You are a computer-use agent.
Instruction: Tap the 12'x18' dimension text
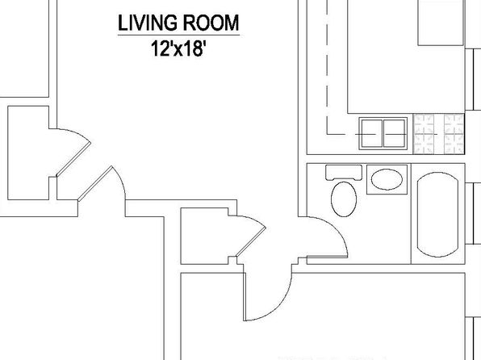(178, 48)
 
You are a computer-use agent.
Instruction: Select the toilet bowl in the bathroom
(344, 199)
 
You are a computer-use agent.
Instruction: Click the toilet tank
(344, 173)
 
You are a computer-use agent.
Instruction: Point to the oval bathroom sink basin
(387, 179)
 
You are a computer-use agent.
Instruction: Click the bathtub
(437, 214)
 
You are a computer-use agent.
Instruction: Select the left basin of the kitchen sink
(372, 133)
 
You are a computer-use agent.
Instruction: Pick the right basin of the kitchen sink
(395, 133)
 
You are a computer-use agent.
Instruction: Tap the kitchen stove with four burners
(439, 134)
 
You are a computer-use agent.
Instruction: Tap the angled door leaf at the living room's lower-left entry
(95, 183)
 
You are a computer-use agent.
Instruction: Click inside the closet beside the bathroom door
(204, 236)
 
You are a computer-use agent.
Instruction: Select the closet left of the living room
(28, 153)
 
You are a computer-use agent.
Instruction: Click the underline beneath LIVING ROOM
(179, 36)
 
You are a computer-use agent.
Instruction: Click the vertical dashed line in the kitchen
(327, 67)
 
